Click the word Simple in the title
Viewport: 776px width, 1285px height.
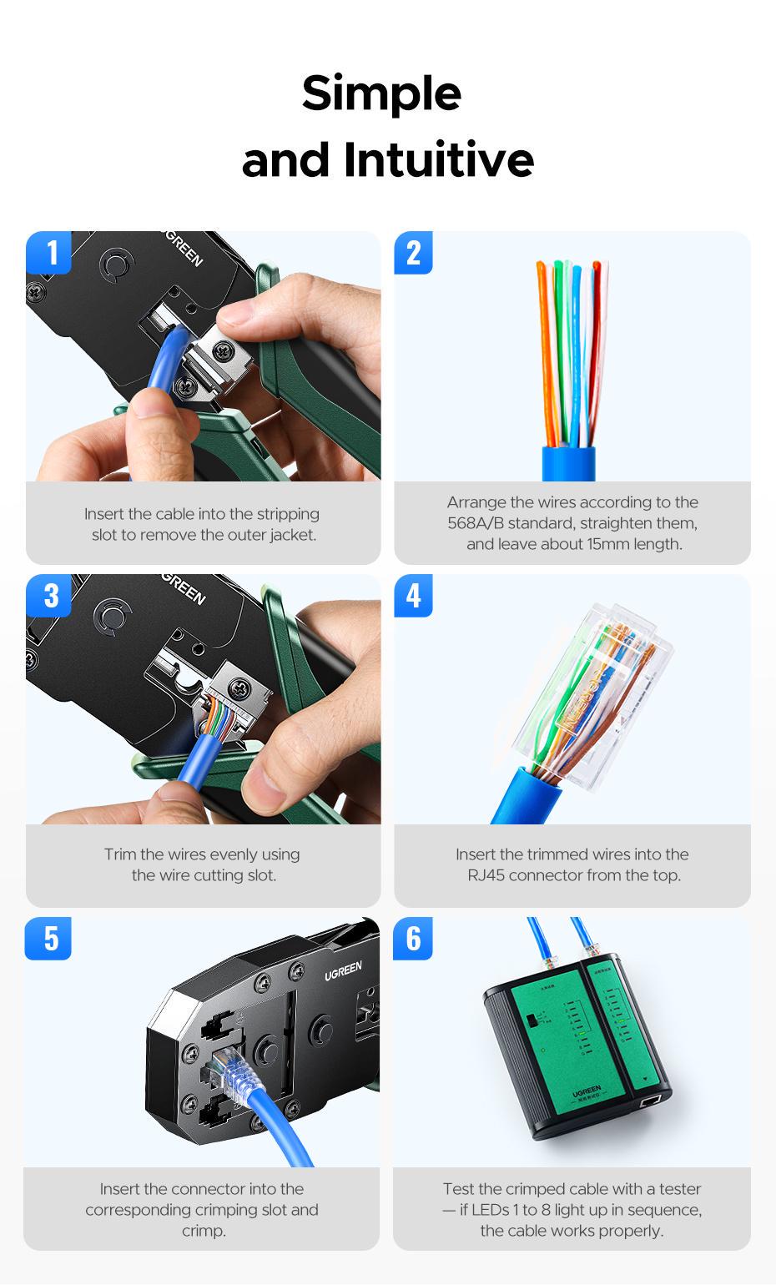(381, 93)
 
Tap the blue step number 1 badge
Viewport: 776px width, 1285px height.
(49, 253)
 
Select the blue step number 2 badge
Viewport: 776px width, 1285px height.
(414, 253)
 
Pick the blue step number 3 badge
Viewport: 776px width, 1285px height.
(49, 596)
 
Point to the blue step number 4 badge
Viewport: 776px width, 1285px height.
(414, 596)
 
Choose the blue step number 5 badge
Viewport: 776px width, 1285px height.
(49, 939)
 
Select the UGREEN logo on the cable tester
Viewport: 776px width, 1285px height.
(587, 1091)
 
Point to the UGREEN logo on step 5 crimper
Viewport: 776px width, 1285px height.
(343, 970)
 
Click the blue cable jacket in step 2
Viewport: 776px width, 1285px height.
(568, 463)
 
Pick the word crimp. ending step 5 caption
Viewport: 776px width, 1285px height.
(202, 1231)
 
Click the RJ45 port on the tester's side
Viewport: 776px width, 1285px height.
(650, 1103)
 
